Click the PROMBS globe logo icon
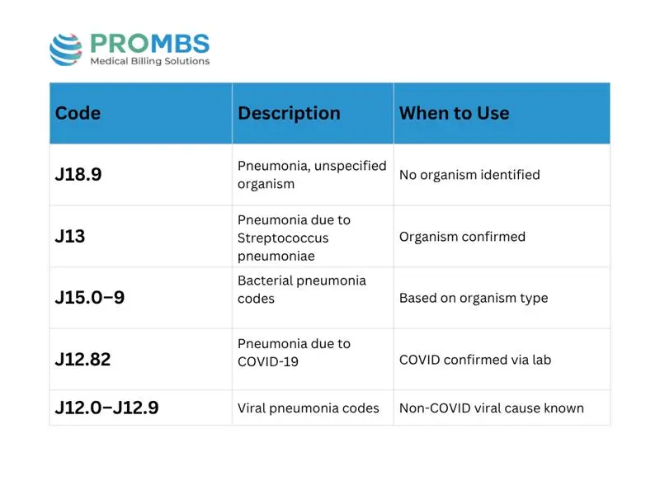tap(66, 49)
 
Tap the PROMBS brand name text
tap(150, 44)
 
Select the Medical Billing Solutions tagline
tap(150, 61)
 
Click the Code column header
tap(78, 113)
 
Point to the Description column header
tap(290, 113)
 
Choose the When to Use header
tap(455, 113)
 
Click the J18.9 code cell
tap(78, 174)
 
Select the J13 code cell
tap(70, 236)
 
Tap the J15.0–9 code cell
tap(90, 298)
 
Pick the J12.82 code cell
tap(83, 360)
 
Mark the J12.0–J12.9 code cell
tap(107, 408)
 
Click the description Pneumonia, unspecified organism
tap(312, 175)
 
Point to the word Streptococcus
tap(283, 238)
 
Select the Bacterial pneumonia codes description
tap(302, 290)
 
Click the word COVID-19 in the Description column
tap(268, 361)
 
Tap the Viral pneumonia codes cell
tap(308, 408)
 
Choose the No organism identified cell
tap(469, 175)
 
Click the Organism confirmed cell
tap(462, 237)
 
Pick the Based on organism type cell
tap(474, 298)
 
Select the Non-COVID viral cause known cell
tap(492, 408)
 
